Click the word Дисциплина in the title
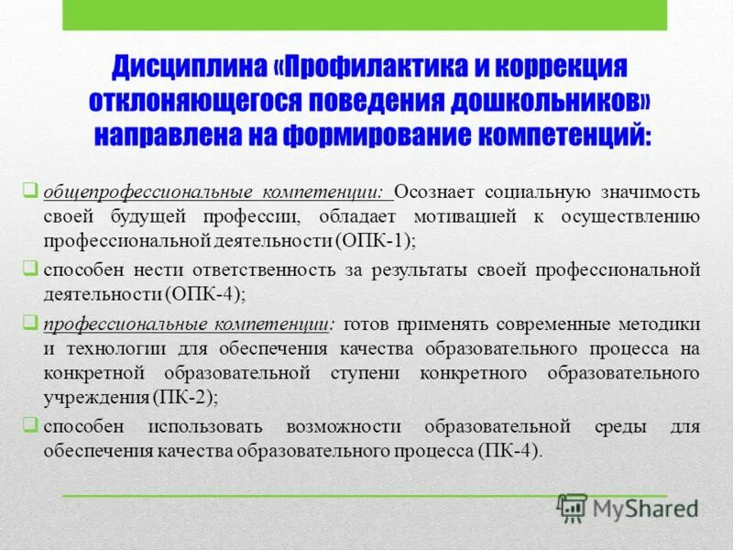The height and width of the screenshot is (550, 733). pos(190,70)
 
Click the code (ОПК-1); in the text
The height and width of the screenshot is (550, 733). pos(377,241)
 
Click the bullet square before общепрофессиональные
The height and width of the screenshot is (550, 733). pos(30,191)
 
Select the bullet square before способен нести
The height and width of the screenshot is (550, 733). pos(30,269)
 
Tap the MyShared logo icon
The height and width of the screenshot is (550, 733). pos(573,506)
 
